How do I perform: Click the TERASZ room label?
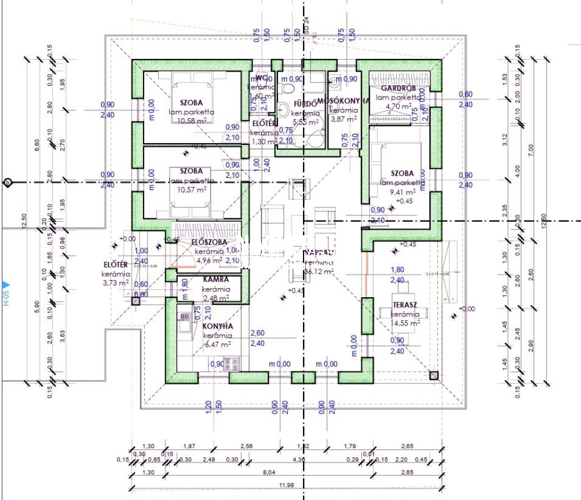click(x=405, y=305)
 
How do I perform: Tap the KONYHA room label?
click(x=218, y=327)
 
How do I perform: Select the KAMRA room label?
click(x=216, y=280)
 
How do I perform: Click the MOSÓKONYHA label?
click(x=343, y=101)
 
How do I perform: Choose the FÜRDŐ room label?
click(x=304, y=103)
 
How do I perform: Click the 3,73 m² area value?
click(x=112, y=282)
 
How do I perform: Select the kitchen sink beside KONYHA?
click(x=185, y=323)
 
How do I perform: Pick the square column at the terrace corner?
click(x=434, y=374)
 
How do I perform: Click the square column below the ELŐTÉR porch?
click(x=135, y=301)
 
